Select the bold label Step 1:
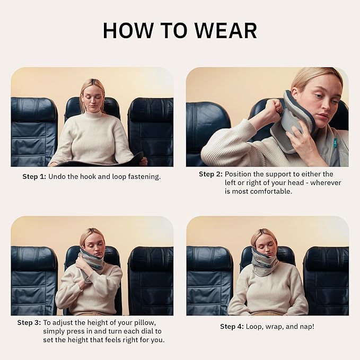click(34, 177)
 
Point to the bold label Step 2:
click(210, 174)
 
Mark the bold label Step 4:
click(232, 327)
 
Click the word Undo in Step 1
click(57, 177)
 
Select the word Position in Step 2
click(239, 174)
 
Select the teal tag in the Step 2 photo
click(335, 144)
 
